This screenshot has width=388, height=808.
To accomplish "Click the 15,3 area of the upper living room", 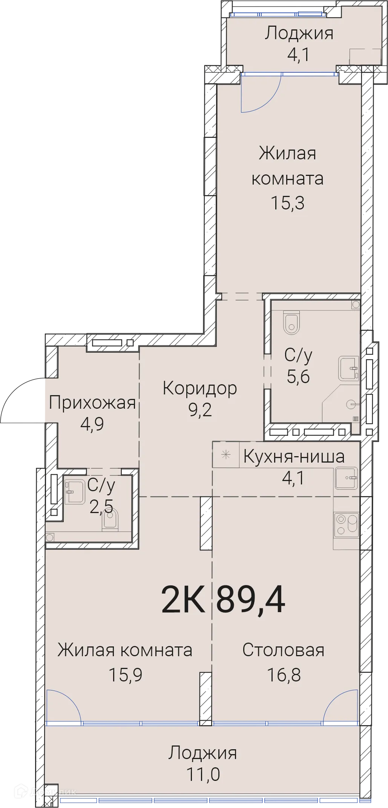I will (288, 203).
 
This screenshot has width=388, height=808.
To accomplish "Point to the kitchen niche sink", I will (346, 478).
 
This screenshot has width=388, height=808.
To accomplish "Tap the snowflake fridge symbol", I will (225, 455).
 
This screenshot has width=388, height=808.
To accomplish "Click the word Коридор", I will (199, 388).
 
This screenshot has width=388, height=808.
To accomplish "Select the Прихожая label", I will (92, 403).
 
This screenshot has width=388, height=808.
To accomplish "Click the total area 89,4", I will (250, 600).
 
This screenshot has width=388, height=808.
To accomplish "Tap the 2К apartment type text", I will (183, 600).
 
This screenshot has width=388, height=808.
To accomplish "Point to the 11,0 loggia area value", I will (203, 774).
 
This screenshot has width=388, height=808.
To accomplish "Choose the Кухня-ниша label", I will (294, 457).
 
